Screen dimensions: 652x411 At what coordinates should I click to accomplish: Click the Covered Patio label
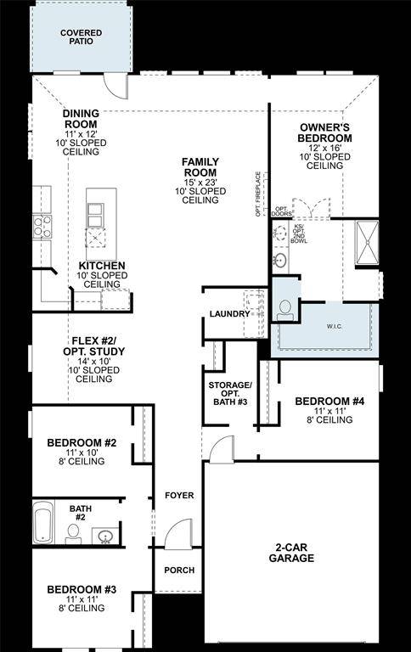[81, 37]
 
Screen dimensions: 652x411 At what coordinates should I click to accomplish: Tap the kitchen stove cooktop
[41, 226]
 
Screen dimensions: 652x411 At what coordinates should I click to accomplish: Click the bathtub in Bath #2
[42, 522]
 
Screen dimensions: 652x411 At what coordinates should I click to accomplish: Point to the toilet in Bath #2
[74, 532]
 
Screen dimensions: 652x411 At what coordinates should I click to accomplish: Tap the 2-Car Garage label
[294, 553]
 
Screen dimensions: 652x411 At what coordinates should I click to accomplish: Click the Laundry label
[229, 314]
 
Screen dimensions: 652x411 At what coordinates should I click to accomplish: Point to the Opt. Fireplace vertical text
[258, 194]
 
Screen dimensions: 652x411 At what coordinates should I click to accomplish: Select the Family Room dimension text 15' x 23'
[200, 181]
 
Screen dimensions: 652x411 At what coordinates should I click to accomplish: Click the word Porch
[178, 570]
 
